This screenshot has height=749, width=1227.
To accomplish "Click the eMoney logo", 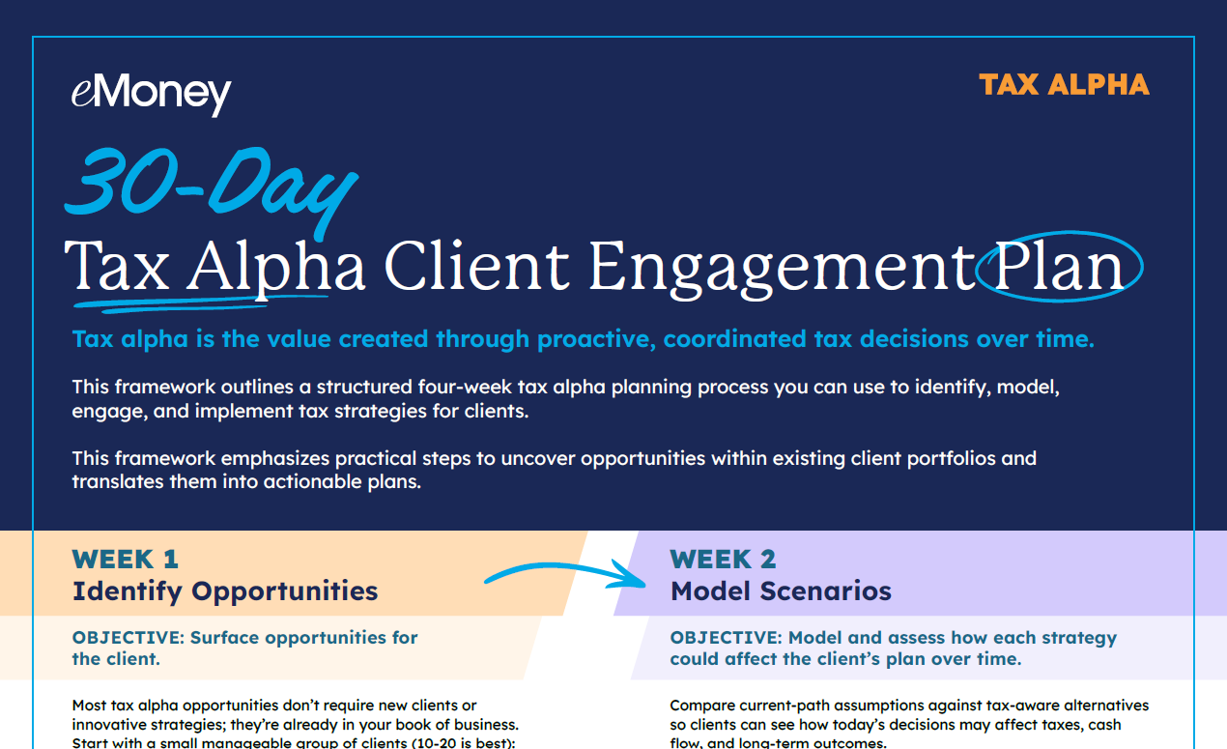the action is [x=151, y=94].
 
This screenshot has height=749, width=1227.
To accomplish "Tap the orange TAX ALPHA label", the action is [x=1064, y=85].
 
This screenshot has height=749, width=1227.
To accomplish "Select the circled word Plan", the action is [x=1058, y=268].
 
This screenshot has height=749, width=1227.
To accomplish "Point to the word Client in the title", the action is [x=476, y=266].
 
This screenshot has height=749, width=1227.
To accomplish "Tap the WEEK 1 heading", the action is [x=126, y=559].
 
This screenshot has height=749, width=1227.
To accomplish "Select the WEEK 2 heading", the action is [x=723, y=559].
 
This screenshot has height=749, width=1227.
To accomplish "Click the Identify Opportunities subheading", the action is [x=225, y=591].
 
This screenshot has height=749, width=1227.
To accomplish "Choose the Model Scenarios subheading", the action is [x=781, y=591].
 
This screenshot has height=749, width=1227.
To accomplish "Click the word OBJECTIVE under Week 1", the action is [x=128, y=638].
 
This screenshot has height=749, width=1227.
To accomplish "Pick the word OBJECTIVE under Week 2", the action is [x=727, y=638].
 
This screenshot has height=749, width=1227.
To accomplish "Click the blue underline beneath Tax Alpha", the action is [x=201, y=304].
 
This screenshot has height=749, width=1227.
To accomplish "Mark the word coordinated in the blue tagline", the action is [x=735, y=339].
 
